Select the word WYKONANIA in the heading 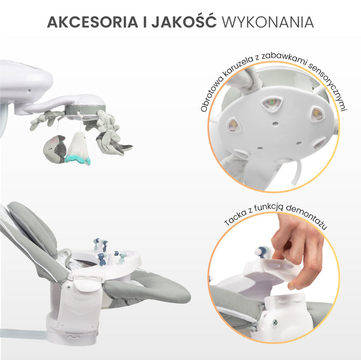pos(267,22)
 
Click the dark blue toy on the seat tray pos(101,260)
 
